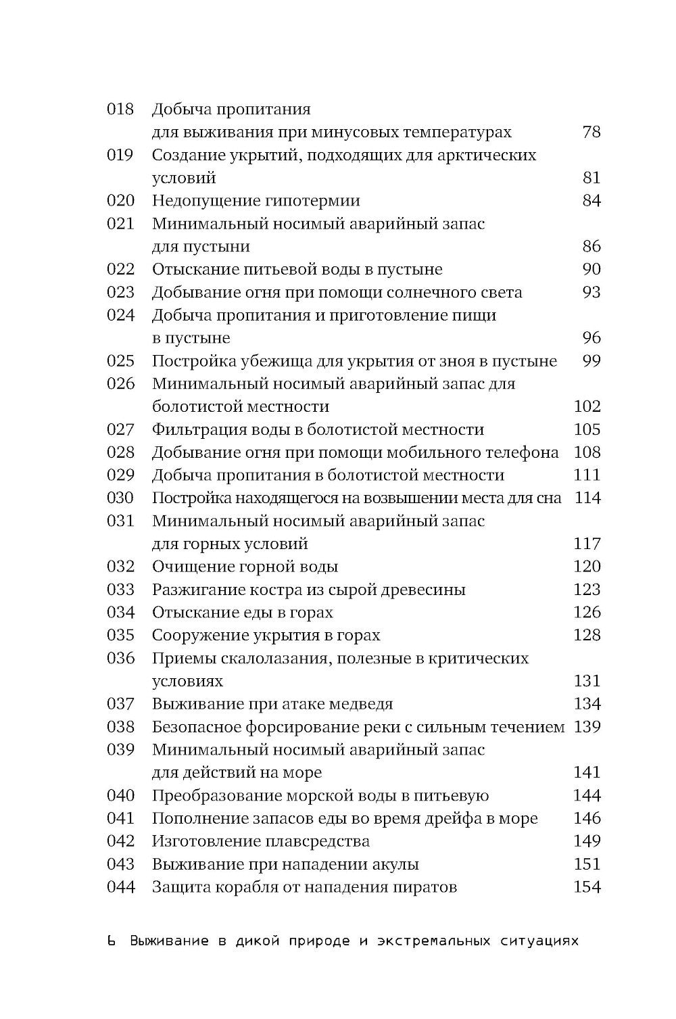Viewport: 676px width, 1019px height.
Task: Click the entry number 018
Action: point(121,110)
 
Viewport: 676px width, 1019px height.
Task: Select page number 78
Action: point(591,133)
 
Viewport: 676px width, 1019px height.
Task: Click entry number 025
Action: point(121,361)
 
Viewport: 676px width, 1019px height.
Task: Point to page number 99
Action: point(591,361)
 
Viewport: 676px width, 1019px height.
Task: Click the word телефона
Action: point(518,452)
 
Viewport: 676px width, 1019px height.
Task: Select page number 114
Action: point(587,498)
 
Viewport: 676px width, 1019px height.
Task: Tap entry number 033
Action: point(121,590)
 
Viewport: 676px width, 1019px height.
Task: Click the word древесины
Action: point(423,590)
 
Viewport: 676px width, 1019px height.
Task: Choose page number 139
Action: point(587,727)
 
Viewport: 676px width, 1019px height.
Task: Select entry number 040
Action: point(121,796)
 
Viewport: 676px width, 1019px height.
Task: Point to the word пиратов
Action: point(425,887)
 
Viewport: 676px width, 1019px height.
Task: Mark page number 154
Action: point(587,887)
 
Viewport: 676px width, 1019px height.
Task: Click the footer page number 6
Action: point(112,941)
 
